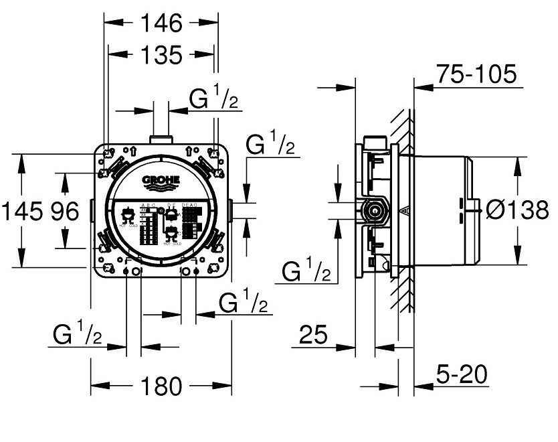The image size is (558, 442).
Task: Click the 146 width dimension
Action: [x=161, y=23]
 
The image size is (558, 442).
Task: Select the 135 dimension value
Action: [x=161, y=55]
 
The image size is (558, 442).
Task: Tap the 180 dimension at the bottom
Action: [x=161, y=386]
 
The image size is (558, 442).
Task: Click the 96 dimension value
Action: [x=65, y=212]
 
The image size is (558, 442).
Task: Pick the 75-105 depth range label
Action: [x=476, y=74]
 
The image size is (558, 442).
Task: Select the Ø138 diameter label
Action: [x=516, y=211]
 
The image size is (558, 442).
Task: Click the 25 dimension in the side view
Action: [x=314, y=335]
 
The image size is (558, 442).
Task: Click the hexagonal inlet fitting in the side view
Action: [x=373, y=211]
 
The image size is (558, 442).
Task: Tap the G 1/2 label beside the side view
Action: [x=306, y=271]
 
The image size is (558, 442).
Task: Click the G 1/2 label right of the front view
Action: [x=270, y=145]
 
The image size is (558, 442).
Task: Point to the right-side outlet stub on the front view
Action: [x=229, y=211]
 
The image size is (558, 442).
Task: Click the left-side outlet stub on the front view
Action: [x=92, y=212]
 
